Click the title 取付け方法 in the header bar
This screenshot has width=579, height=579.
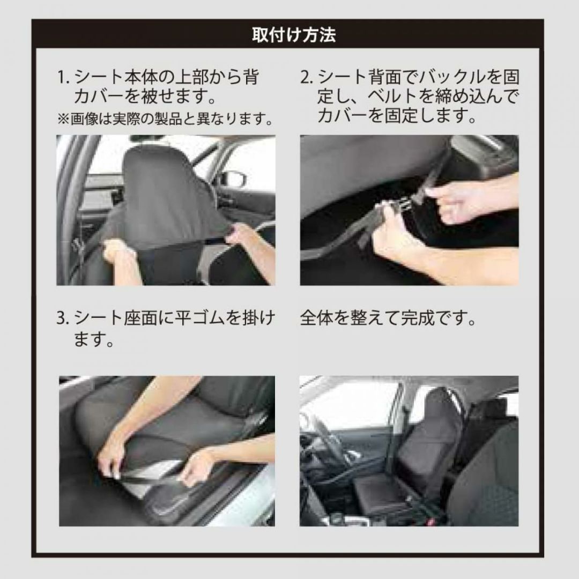(x=294, y=35)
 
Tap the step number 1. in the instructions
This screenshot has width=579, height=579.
(x=63, y=78)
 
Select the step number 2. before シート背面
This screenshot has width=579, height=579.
(x=307, y=78)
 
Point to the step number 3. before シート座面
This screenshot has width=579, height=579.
(x=63, y=318)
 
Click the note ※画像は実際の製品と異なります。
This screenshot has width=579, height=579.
(x=166, y=119)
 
